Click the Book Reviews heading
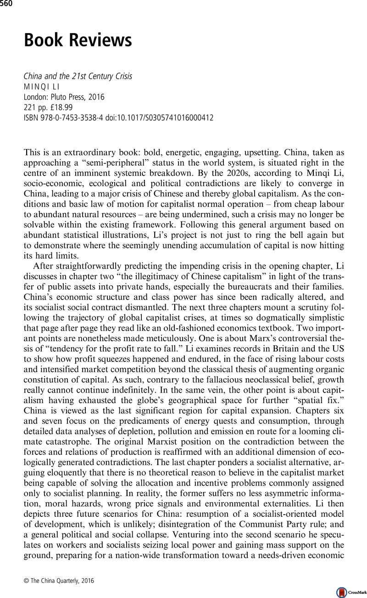point(78,41)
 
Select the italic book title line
point(78,76)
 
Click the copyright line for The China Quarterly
point(58,581)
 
